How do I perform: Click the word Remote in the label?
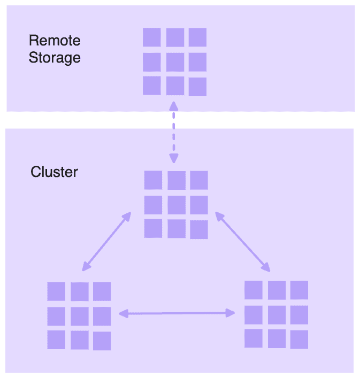pos(55,41)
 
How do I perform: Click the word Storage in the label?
pos(55,58)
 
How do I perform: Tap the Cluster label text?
pos(54,172)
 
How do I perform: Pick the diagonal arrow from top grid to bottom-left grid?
pos(107,240)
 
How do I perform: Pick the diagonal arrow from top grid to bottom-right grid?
pos(242,239)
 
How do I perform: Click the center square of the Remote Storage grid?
pos(175,61)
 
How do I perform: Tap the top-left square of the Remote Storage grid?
pos(152,37)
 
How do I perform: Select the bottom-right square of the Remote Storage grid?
pos(197,87)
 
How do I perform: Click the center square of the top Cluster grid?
pos(176,204)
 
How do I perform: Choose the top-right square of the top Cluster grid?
pos(198,180)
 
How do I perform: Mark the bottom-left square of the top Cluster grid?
pos(153,228)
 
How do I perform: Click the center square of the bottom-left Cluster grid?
pos(79,316)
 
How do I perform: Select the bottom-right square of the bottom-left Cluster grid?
pos(102,341)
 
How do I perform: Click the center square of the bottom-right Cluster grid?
pos(277,314)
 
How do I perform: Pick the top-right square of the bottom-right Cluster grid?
pos(299,290)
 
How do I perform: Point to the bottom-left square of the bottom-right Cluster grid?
pos(254,338)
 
